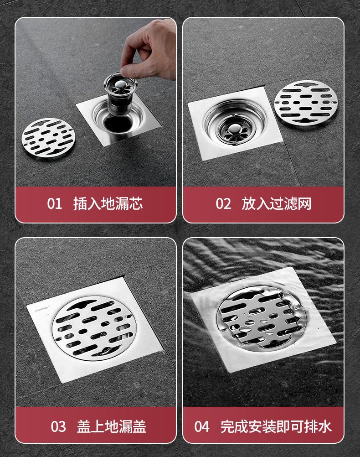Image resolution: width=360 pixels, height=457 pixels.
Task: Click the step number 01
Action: (x=54, y=203)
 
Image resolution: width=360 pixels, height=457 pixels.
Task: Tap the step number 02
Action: (x=223, y=203)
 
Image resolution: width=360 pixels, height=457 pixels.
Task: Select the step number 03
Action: (x=58, y=427)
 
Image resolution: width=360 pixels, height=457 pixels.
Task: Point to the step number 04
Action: (x=202, y=427)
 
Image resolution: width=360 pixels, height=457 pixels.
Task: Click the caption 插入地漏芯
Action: (x=108, y=203)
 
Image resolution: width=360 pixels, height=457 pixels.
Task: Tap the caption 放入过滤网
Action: (x=277, y=203)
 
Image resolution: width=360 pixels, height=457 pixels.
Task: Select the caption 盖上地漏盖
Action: (x=112, y=427)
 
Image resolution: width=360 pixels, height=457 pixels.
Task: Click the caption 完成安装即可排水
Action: (x=276, y=427)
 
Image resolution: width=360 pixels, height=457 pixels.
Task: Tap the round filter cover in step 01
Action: (x=48, y=138)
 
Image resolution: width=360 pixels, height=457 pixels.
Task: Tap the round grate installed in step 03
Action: (x=93, y=328)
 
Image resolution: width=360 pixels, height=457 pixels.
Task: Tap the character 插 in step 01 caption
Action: (x=80, y=203)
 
